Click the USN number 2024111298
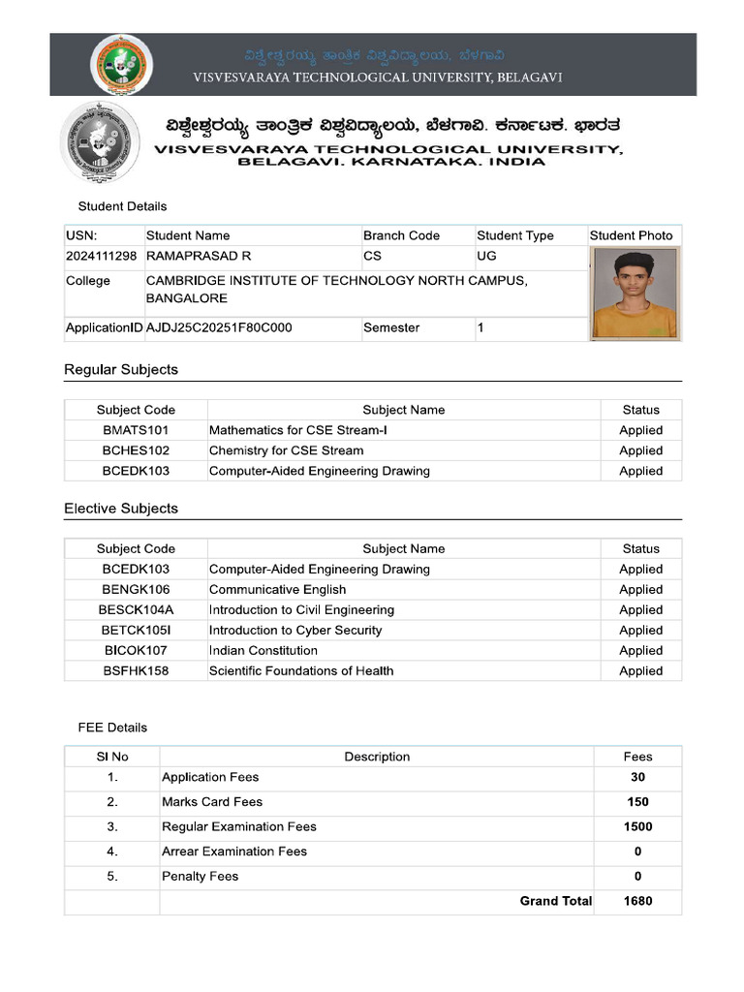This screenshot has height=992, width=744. pyautogui.click(x=102, y=256)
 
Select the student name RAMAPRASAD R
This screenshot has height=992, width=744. pyautogui.click(x=199, y=256)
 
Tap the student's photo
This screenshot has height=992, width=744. pyautogui.click(x=635, y=293)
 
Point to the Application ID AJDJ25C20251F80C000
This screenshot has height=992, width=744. pyautogui.click(x=219, y=327)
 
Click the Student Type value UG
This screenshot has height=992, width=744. pyautogui.click(x=486, y=256)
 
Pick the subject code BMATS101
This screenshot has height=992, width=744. pyautogui.click(x=136, y=430)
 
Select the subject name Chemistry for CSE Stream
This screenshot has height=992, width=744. pyautogui.click(x=287, y=450)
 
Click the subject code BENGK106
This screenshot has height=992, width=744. pyautogui.click(x=136, y=590)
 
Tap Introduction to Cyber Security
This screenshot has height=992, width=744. pyautogui.click(x=295, y=631)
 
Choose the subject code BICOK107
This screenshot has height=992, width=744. pyautogui.click(x=136, y=651)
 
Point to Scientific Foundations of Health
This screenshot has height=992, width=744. pyautogui.click(x=301, y=671)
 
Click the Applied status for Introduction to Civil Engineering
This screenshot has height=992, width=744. pyautogui.click(x=640, y=610)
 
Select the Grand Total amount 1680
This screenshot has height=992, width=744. pyautogui.click(x=637, y=901)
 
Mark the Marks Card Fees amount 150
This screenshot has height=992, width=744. pyautogui.click(x=637, y=802)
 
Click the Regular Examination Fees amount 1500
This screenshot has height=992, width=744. pyautogui.click(x=637, y=827)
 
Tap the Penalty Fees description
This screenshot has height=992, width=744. pyautogui.click(x=200, y=877)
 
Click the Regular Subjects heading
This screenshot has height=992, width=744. pyautogui.click(x=121, y=370)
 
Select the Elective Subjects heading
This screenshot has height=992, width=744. pyautogui.click(x=121, y=509)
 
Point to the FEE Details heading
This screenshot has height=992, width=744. pyautogui.click(x=112, y=727)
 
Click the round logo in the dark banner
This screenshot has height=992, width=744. pyautogui.click(x=121, y=64)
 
